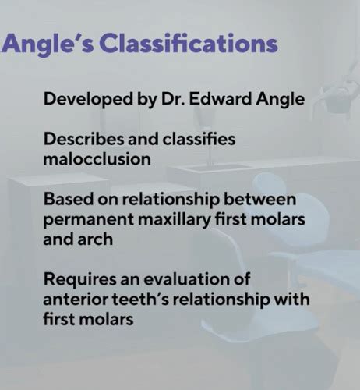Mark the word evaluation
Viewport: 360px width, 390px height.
(x=191, y=278)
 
